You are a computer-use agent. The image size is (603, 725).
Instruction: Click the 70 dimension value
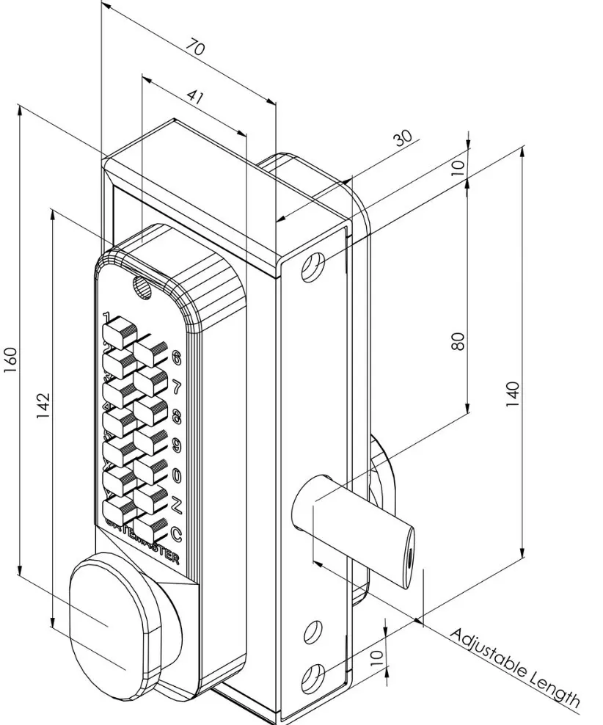pyautogui.click(x=195, y=49)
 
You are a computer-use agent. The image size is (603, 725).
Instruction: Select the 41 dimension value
pyautogui.click(x=195, y=95)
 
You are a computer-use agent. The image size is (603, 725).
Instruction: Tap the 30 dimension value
pyautogui.click(x=403, y=139)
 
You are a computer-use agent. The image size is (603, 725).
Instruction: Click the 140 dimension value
pyautogui.click(x=513, y=394)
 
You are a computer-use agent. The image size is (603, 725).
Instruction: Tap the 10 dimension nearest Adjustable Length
pyautogui.click(x=376, y=655)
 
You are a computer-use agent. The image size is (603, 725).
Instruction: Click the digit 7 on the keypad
pyautogui.click(x=176, y=386)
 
